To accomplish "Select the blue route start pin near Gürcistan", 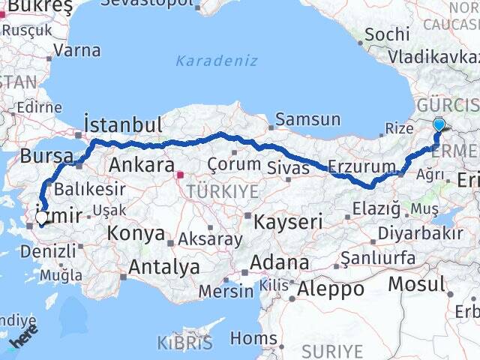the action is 439,125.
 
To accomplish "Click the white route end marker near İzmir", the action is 41,218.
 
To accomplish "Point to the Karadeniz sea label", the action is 217,61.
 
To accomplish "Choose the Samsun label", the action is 307,119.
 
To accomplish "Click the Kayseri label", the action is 288,221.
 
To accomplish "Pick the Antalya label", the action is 163,266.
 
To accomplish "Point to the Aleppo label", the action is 331,288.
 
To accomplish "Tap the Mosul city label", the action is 417,284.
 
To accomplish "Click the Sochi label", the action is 388,34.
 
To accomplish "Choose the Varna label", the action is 77,51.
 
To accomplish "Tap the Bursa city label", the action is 43,156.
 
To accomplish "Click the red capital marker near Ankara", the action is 180,176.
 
